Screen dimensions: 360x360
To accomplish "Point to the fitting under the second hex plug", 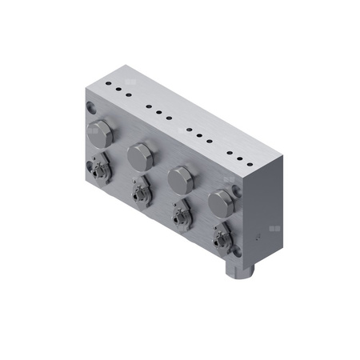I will coord(140,192).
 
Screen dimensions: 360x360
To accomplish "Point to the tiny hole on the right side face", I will coord(257,238).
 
